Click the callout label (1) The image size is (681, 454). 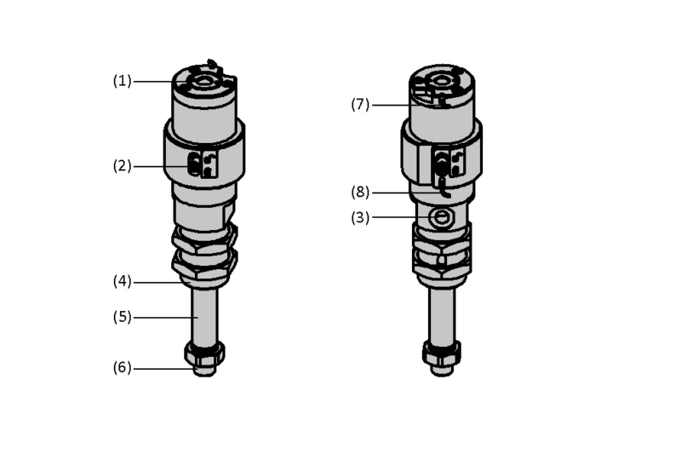[122, 81]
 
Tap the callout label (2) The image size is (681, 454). [122, 165]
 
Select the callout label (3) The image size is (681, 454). [360, 217]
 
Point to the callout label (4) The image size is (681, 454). [122, 281]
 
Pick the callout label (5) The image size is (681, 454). [122, 317]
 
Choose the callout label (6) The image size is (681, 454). [122, 368]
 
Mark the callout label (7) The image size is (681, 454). [360, 104]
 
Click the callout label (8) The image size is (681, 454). [360, 192]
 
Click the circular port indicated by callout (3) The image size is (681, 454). [441, 216]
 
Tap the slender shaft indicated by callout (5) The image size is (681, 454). [204, 316]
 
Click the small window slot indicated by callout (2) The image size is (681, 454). [194, 165]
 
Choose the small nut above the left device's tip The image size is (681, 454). [204, 353]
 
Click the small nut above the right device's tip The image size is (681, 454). [442, 353]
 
